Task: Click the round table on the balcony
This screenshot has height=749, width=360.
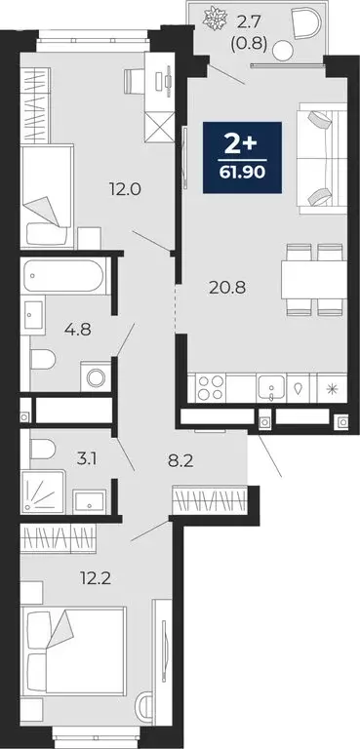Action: (x=282, y=51)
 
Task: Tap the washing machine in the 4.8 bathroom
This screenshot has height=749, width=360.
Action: (x=96, y=374)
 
